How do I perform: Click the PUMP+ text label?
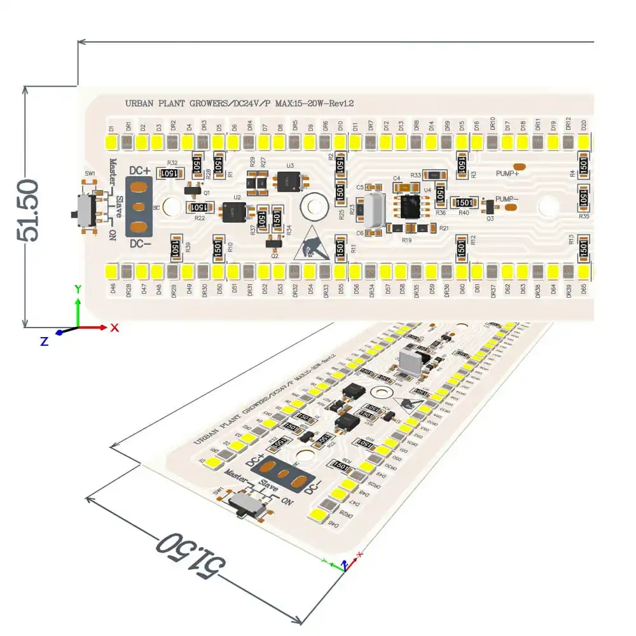[x=507, y=173]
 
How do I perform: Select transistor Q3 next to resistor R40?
[x=488, y=207]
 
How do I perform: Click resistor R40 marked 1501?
[x=464, y=202]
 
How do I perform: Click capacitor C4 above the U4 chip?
[x=403, y=188]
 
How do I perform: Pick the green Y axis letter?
[x=78, y=289]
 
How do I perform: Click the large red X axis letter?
[x=114, y=328]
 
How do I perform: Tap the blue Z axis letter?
[x=44, y=342]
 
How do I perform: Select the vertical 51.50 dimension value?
[x=29, y=210]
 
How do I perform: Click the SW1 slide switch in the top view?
[x=83, y=209]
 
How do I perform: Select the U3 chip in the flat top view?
[x=290, y=181]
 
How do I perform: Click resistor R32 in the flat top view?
[x=169, y=173]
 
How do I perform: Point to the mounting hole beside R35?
[x=548, y=207]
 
